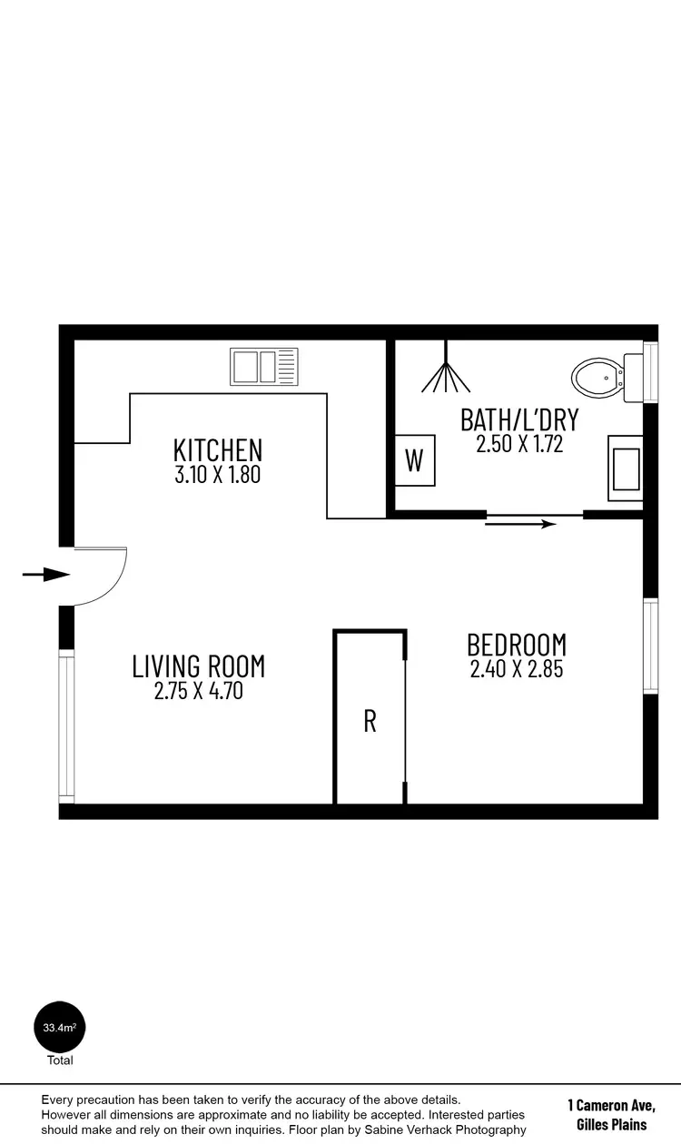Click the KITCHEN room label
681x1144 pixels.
(218, 449)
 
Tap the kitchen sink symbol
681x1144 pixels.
(264, 367)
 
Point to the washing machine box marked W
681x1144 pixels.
(414, 460)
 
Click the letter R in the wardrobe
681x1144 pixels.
(370, 721)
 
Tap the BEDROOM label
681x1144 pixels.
(517, 645)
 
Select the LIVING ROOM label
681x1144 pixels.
(199, 666)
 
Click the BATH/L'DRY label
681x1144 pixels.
(519, 419)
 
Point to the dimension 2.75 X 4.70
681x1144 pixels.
(199, 691)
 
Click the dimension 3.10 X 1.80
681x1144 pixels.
(218, 474)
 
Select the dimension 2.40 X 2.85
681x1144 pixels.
(517, 669)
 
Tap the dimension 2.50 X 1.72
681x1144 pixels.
(519, 444)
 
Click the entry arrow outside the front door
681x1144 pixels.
(45, 574)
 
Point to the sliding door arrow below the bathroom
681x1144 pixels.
(520, 524)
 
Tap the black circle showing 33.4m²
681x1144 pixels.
(60, 1028)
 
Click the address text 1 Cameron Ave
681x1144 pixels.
(611, 1105)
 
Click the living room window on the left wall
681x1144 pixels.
(66, 726)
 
